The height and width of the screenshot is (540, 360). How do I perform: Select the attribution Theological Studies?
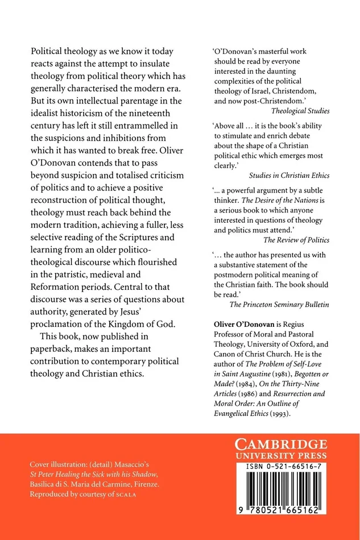pyautogui.click(x=300, y=111)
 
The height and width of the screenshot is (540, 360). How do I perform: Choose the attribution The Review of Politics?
pyautogui.click(x=296, y=240)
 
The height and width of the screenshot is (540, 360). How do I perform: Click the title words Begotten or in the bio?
pyautogui.click(x=311, y=366)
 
